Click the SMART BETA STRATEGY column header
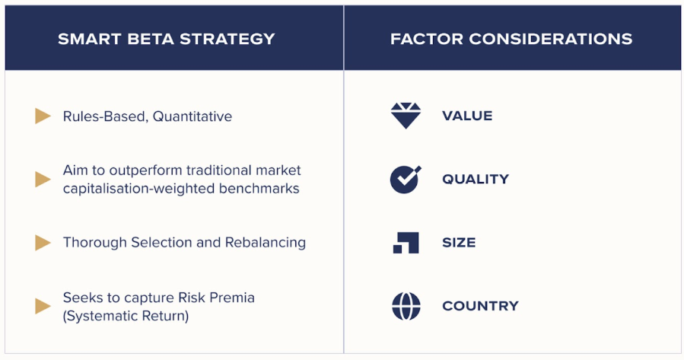point(166,39)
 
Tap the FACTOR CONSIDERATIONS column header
point(511,39)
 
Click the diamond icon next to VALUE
point(406,116)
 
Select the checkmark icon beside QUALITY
point(406,180)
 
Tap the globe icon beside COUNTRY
point(406,306)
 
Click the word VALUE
point(467,116)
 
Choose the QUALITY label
point(476,180)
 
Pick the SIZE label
point(459,243)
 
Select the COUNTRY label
point(480,306)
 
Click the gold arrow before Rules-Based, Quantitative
point(43,116)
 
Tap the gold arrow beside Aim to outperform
point(43,180)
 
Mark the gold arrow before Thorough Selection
point(43,243)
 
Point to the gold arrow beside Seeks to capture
point(43,306)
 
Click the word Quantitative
point(192,116)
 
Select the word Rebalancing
point(266,243)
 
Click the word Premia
point(232,298)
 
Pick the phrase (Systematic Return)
point(126,316)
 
